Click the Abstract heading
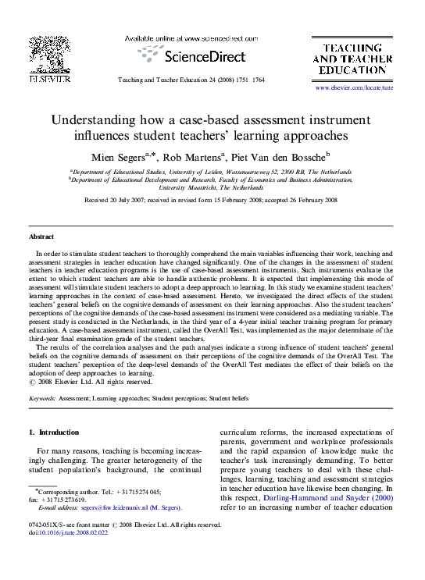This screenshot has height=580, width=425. point(41,236)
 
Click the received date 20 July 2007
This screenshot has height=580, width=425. point(136,200)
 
